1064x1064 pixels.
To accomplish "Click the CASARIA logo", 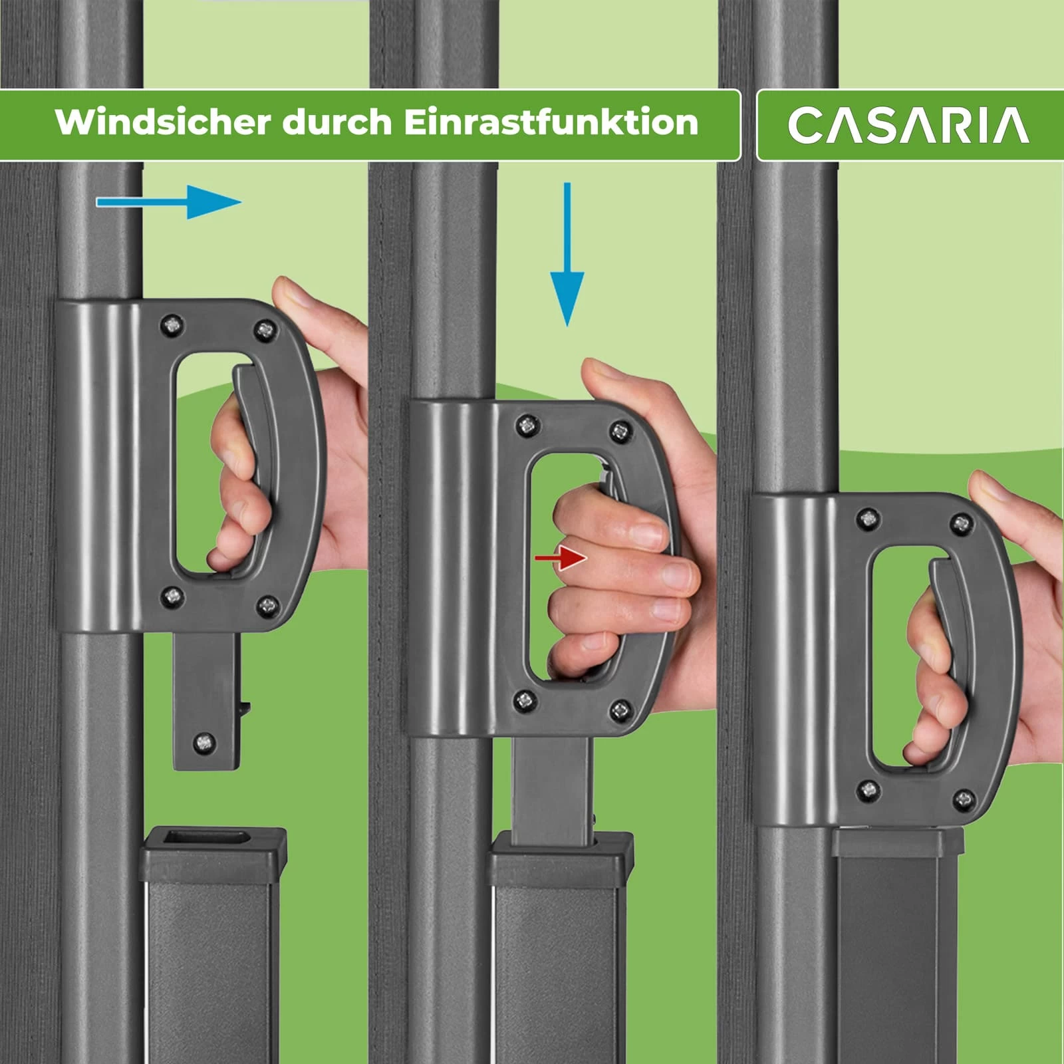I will pyautogui.click(x=908, y=125).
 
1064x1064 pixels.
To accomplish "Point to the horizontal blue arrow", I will pyautogui.click(x=170, y=201).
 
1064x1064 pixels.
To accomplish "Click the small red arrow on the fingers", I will pyautogui.click(x=561, y=558).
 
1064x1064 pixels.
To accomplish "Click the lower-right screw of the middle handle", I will pyautogui.click(x=622, y=710).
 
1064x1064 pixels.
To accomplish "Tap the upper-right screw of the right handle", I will pyautogui.click(x=961, y=523).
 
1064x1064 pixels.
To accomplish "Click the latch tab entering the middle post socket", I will pyautogui.click(x=552, y=791).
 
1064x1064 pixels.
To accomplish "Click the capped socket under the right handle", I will pyautogui.click(x=898, y=841).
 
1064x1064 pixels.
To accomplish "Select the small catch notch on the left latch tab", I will pyautogui.click(x=245, y=708).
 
